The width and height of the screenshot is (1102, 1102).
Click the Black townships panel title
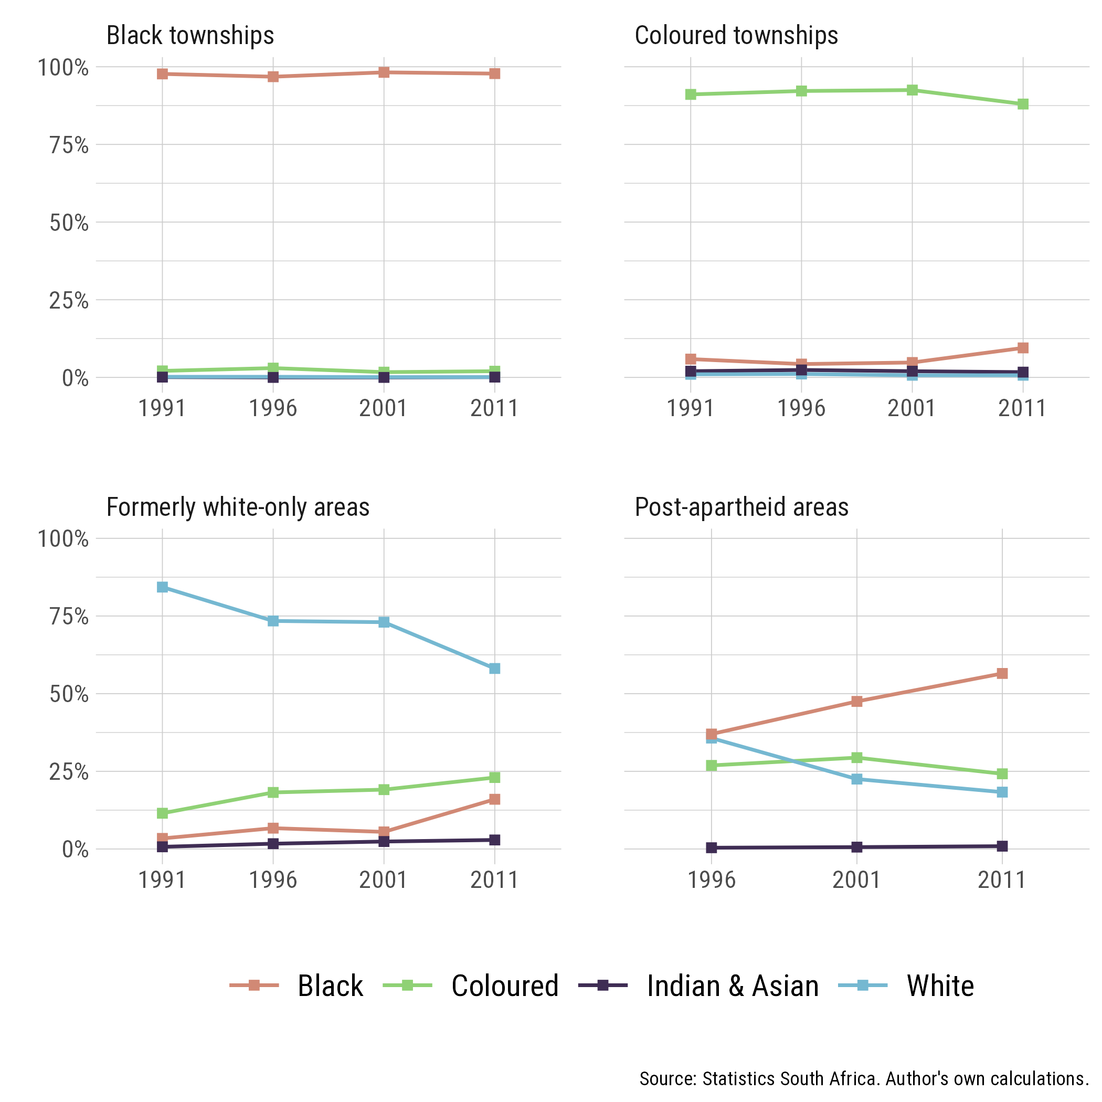click(x=190, y=35)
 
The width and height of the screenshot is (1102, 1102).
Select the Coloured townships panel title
click(x=736, y=35)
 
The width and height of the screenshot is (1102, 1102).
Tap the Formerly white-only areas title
click(x=238, y=507)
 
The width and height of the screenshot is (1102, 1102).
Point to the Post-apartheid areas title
click(x=741, y=507)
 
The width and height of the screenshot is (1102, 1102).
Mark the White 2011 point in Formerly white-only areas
click(x=494, y=669)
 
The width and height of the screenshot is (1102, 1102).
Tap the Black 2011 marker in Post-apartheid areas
click(x=1002, y=674)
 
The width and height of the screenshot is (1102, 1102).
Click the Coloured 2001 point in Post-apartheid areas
click(x=857, y=757)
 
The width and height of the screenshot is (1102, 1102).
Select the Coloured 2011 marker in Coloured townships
click(x=1023, y=104)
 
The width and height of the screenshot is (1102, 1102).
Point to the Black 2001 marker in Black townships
click(x=384, y=72)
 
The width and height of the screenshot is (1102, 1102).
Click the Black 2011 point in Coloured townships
click(x=1023, y=348)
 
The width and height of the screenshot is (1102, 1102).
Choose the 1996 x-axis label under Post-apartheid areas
click(x=711, y=880)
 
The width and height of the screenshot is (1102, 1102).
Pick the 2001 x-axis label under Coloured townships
click(x=912, y=408)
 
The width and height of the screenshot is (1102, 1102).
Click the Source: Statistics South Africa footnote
click(x=864, y=1078)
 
